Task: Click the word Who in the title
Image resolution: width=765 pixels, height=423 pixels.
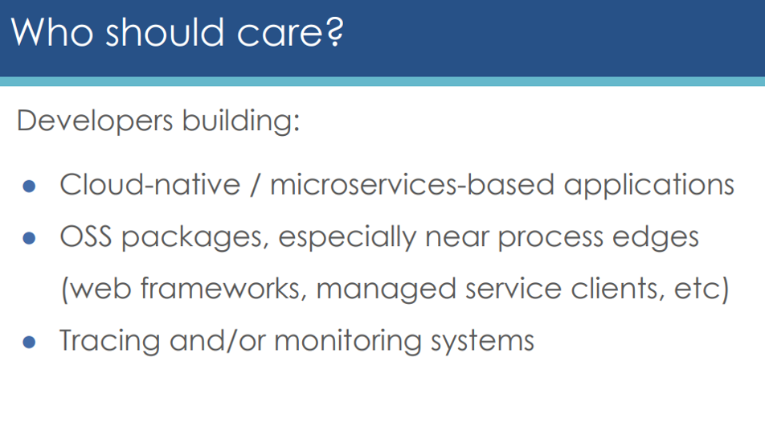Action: tap(52, 32)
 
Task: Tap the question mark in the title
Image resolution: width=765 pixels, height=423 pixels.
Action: tap(334, 32)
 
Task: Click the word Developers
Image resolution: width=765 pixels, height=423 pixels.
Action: tap(95, 121)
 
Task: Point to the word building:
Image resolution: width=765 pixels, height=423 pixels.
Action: tap(241, 119)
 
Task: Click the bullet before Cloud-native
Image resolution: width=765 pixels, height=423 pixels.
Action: tap(29, 186)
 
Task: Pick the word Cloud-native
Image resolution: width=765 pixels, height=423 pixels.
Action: tap(150, 185)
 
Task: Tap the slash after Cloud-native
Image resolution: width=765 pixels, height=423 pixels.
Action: tap(255, 185)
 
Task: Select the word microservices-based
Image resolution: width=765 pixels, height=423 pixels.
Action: tap(412, 185)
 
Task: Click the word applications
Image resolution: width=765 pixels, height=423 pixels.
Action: tap(649, 186)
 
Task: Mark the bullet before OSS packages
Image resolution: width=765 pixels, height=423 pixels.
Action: tap(29, 238)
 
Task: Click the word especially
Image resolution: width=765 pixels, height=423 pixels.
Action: tap(347, 238)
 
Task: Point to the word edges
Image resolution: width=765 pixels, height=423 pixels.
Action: tap(655, 238)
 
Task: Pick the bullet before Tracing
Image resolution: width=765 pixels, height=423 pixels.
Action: tap(29, 342)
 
